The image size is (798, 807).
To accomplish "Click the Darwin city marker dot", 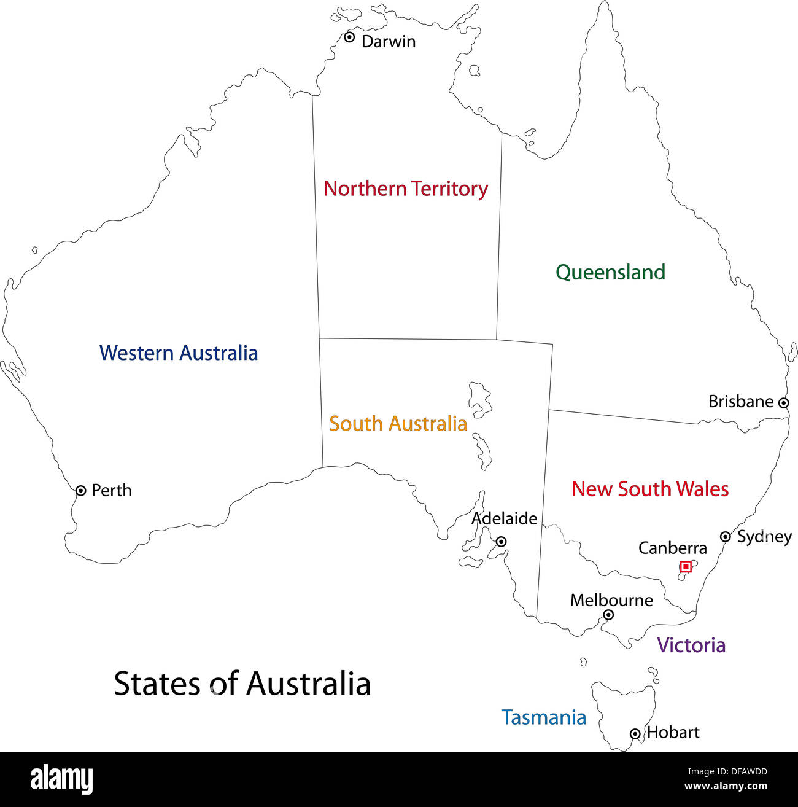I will click(349, 37).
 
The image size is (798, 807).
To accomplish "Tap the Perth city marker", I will click(80, 490).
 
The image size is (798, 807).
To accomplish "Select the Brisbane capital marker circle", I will click(783, 403).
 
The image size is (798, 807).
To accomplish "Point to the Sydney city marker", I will click(725, 536).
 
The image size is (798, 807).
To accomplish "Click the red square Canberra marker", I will click(686, 567).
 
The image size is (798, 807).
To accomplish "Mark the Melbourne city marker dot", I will click(608, 615).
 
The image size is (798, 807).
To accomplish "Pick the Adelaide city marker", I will click(502, 542).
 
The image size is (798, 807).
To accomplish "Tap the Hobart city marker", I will click(635, 733).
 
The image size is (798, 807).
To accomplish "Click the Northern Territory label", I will click(406, 189).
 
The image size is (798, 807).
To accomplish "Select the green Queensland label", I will click(610, 272).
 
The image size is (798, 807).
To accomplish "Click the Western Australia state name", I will click(179, 353).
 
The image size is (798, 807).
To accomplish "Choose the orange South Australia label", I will click(398, 424).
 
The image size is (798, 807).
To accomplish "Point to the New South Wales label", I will click(650, 489).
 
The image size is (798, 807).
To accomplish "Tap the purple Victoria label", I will click(691, 645).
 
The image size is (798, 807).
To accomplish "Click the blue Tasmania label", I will click(543, 717).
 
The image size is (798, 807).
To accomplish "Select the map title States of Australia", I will click(242, 684).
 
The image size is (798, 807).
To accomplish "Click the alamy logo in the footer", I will click(62, 779).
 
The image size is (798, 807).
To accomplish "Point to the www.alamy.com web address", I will click(726, 786).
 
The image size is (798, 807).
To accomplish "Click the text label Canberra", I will click(672, 548).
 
